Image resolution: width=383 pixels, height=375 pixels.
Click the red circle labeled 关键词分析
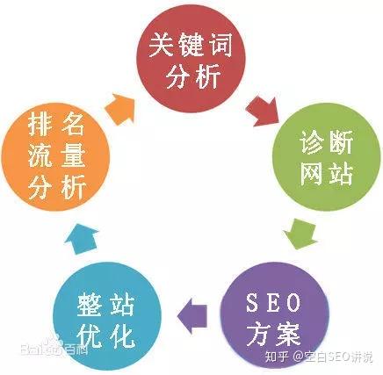[191, 60]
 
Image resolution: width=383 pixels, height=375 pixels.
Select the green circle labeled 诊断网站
[327, 156]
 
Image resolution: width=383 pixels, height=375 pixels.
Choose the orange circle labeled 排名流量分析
[55, 156]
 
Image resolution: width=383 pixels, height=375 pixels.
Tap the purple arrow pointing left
[192, 316]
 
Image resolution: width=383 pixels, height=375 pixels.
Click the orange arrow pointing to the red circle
[119, 109]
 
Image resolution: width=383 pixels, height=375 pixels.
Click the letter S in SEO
[252, 303]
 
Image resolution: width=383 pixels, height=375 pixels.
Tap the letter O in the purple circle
[293, 303]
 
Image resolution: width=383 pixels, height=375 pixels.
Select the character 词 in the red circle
[220, 45]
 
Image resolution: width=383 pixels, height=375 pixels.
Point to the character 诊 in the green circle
[312, 142]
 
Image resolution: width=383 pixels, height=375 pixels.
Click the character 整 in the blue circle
[89, 305]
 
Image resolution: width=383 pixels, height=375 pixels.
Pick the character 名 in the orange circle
[72, 124]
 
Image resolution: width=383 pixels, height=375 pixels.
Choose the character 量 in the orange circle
[73, 155]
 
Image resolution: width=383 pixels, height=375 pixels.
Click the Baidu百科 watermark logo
[54, 346]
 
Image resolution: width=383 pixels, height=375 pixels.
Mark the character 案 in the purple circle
[288, 334]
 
